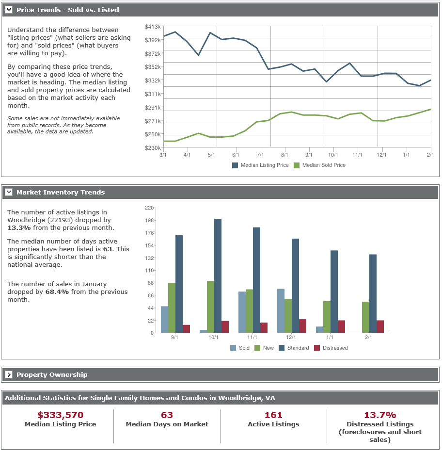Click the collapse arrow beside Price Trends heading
pyautogui.click(x=9, y=10)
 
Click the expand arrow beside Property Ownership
pyautogui.click(x=9, y=374)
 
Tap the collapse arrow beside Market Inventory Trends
pyautogui.click(x=9, y=192)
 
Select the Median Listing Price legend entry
pyautogui.click(x=260, y=165)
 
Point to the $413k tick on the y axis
pyautogui.click(x=153, y=27)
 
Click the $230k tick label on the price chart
pyautogui.click(x=153, y=147)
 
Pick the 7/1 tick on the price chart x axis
pyautogui.click(x=260, y=155)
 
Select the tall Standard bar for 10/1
pyautogui.click(x=218, y=276)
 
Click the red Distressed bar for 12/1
pyautogui.click(x=302, y=326)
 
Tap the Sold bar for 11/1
pyautogui.click(x=242, y=312)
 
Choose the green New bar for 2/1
pyautogui.click(x=365, y=317)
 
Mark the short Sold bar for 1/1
pyautogui.click(x=319, y=330)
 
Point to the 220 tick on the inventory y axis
pyautogui.click(x=149, y=208)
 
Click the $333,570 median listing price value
pyautogui.click(x=60, y=415)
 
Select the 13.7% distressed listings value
pyautogui.click(x=380, y=415)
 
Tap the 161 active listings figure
pyautogui.click(x=273, y=415)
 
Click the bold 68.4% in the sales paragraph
pyautogui.click(x=57, y=292)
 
